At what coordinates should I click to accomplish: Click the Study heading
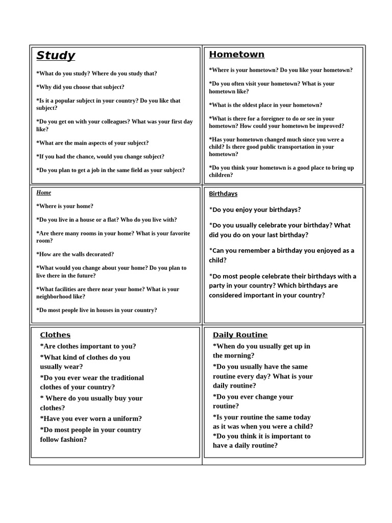tap(56, 56)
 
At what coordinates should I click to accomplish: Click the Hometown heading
tap(237, 55)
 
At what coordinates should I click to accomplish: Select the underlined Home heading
tap(44, 193)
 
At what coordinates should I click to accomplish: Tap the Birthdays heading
tap(223, 194)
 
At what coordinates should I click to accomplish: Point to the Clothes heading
tap(55, 335)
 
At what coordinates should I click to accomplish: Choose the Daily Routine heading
tap(240, 335)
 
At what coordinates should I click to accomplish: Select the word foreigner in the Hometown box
tap(270, 118)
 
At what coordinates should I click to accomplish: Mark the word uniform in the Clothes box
tap(125, 418)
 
